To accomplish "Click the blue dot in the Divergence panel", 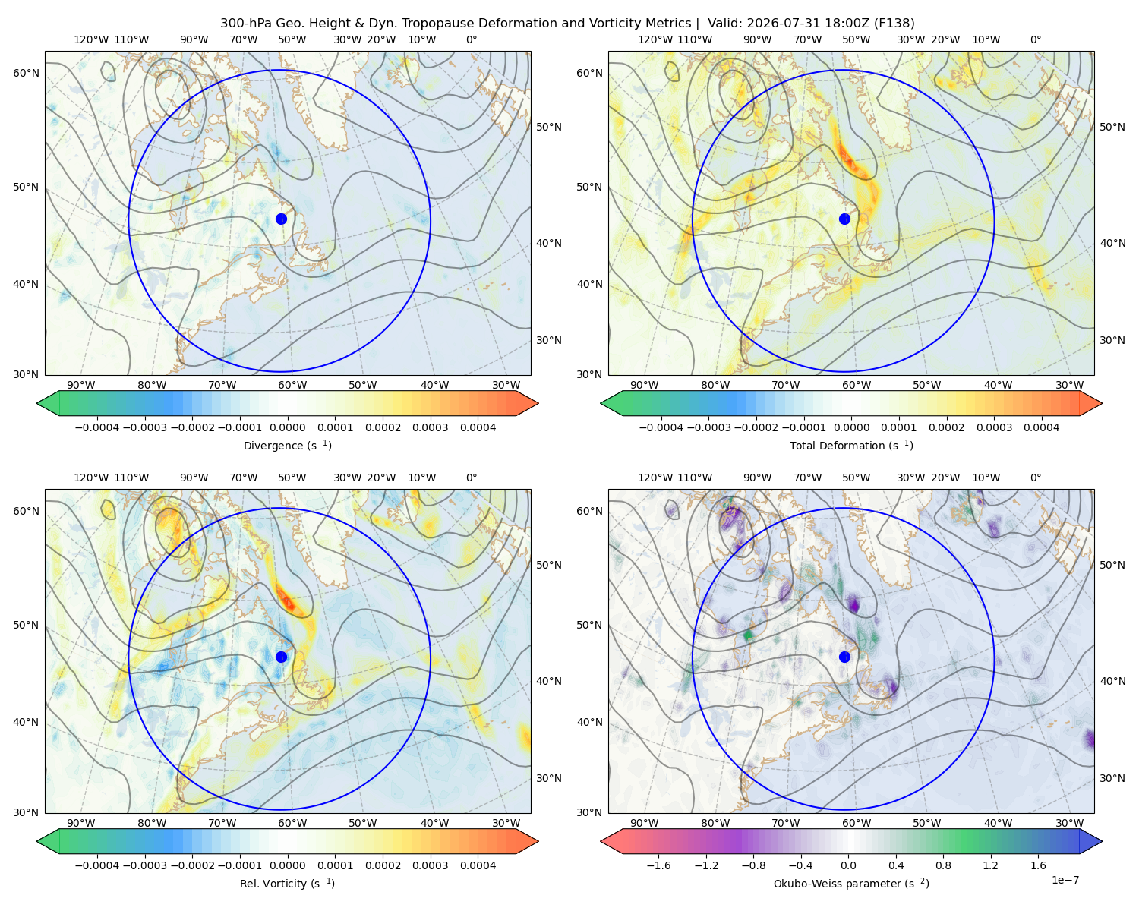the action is (x=281, y=219).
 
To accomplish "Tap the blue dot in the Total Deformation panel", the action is (x=844, y=219).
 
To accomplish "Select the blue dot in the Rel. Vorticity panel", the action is (x=281, y=657).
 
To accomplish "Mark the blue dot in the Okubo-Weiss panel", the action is (x=844, y=657).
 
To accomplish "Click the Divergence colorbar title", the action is (x=287, y=446).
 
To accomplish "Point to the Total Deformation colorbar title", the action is (x=851, y=446).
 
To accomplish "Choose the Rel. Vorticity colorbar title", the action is (x=287, y=884).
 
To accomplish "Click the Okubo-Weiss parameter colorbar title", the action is (x=851, y=884).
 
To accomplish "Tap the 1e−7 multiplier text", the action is (x=1065, y=880).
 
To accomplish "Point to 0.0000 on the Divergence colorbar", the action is (x=287, y=427).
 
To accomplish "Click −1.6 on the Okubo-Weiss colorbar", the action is (x=658, y=865).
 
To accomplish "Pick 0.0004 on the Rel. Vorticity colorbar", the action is (x=478, y=865).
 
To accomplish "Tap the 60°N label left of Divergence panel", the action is (x=26, y=73).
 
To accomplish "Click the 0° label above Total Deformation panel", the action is (x=1035, y=39).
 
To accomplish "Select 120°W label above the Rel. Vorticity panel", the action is (x=91, y=478).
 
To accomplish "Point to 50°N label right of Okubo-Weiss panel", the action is (x=1112, y=565).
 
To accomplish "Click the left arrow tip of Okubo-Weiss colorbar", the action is (x=601, y=841).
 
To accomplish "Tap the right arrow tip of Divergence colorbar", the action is (x=538, y=403).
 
